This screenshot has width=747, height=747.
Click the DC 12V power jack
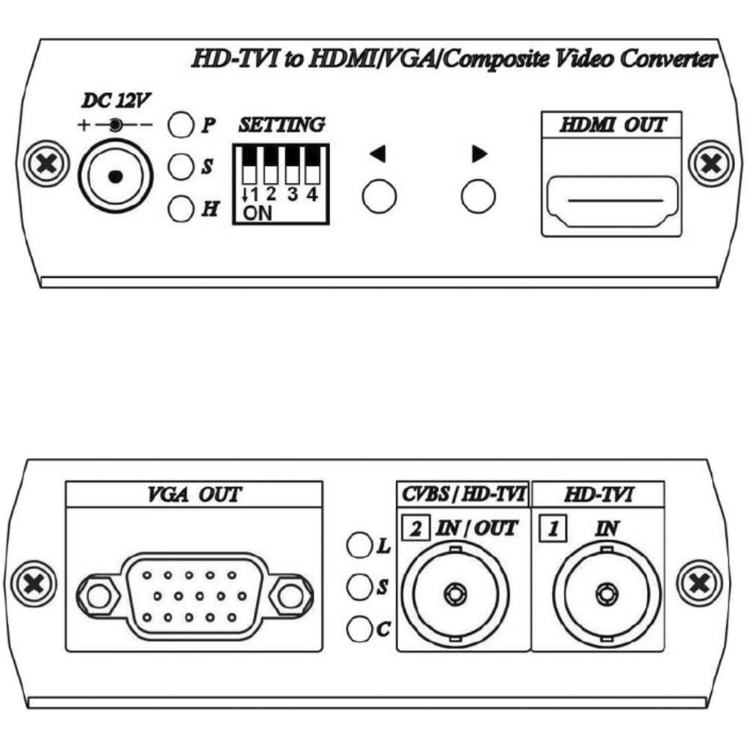coord(115,177)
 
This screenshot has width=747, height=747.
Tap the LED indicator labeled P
coord(181,125)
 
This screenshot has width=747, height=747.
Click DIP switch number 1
coord(249,165)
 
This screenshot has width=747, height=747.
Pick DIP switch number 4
coord(312,165)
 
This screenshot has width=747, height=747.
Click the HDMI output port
coord(613,201)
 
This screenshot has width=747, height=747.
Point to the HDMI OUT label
coord(613,125)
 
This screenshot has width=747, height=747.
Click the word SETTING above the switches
coord(282,125)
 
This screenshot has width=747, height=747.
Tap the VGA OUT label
coord(194,495)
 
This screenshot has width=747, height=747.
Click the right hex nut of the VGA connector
coord(291,596)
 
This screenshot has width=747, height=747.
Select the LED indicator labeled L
coord(359,545)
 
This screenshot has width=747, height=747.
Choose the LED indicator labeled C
coord(359,629)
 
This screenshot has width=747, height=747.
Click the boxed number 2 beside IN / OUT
coord(416,528)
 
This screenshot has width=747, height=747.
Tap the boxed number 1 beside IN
coord(553,528)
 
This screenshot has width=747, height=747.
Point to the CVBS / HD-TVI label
coord(464,494)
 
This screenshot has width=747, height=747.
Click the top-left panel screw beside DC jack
coord(46,164)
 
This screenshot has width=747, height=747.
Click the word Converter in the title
coord(669,59)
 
